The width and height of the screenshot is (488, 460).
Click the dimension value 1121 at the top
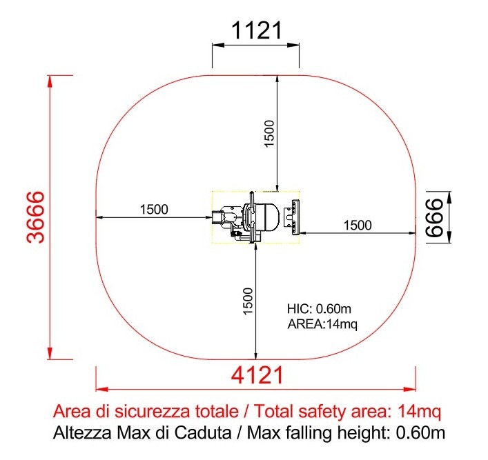[257, 30]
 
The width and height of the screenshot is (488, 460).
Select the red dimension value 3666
[35, 217]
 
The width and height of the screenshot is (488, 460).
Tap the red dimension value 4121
[257, 375]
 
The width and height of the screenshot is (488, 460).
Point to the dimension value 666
[434, 217]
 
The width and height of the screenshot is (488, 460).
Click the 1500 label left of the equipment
[154, 210]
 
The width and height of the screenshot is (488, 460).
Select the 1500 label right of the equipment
[358, 226]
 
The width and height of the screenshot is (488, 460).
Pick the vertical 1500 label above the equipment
[269, 133]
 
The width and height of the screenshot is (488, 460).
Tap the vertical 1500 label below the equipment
[248, 301]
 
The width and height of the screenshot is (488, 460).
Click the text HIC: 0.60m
[319, 309]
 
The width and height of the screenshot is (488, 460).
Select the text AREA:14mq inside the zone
[322, 324]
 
